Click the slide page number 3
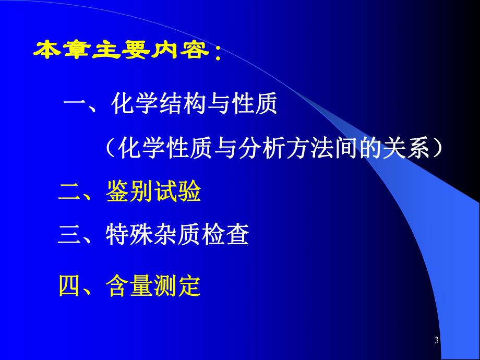tap(436, 341)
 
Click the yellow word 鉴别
tap(129, 193)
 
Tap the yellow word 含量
tap(129, 286)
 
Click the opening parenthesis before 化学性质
tap(110, 150)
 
